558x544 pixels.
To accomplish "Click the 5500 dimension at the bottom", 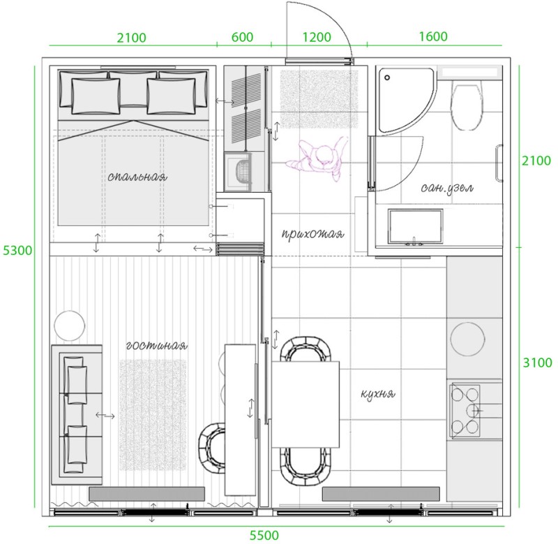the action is click(x=264, y=535).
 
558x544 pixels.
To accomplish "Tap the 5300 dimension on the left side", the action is click(x=17, y=251).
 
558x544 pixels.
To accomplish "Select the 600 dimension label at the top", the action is click(x=242, y=37).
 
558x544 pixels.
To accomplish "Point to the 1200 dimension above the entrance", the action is click(x=317, y=37).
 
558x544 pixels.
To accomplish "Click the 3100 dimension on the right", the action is click(x=537, y=362).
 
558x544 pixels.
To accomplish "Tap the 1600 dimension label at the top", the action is click(x=433, y=36).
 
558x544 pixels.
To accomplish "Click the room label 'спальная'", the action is click(x=137, y=177).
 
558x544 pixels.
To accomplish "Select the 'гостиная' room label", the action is click(x=156, y=346).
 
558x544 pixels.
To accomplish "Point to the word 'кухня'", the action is click(x=378, y=394).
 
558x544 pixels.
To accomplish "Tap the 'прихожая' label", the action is click(x=312, y=234).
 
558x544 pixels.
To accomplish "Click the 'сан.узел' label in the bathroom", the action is click(x=447, y=188).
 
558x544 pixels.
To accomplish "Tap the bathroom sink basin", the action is click(x=416, y=227).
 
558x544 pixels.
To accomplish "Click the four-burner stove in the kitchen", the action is click(x=466, y=410).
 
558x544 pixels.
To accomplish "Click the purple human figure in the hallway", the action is click(x=317, y=158).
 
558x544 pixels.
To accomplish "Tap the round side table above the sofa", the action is click(x=70, y=325).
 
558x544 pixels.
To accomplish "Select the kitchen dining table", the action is click(x=306, y=404).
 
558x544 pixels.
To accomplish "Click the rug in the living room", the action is click(x=152, y=414).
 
